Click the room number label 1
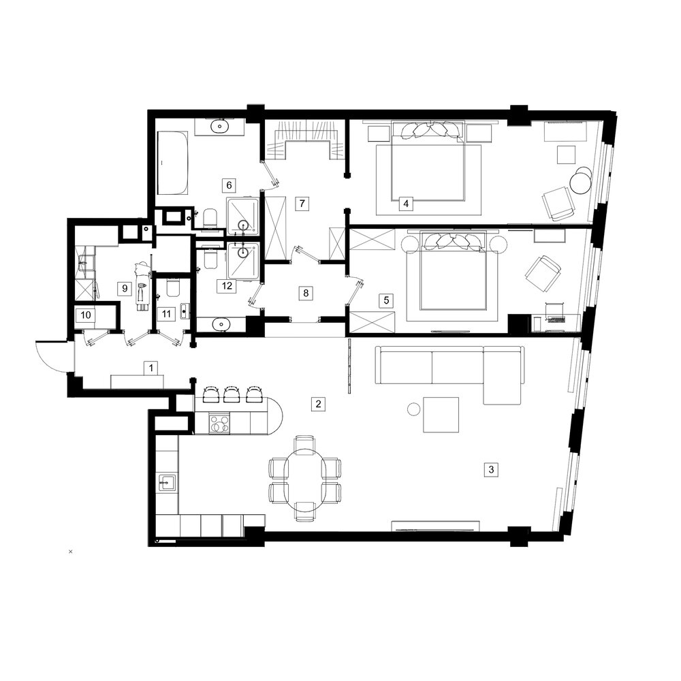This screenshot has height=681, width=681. (151, 368)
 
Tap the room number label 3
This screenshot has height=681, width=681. (491, 469)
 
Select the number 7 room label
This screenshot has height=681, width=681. (302, 203)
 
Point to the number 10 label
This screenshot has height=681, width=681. (86, 315)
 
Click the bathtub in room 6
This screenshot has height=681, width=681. (173, 163)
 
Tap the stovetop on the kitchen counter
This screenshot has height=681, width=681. (220, 424)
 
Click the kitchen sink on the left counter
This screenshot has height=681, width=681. (168, 483)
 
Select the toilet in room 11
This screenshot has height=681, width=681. (172, 288)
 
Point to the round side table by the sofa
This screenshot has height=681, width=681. (414, 409)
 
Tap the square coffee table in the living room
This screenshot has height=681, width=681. (441, 415)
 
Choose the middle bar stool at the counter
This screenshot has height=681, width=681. (232, 394)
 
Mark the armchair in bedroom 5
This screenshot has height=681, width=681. (543, 274)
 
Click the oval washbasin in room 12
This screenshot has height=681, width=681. (222, 323)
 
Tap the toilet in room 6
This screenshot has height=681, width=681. (210, 218)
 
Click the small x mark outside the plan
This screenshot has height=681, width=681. (71, 552)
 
